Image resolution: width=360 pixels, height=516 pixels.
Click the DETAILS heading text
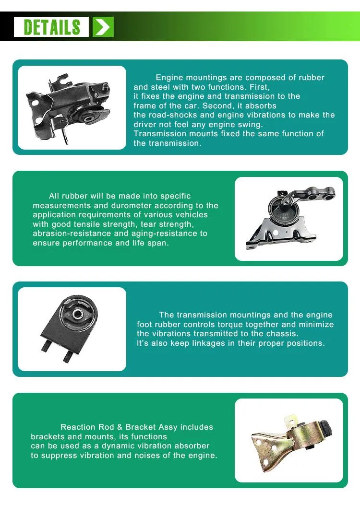pos(52,27)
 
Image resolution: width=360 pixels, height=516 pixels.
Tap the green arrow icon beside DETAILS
pos(103,27)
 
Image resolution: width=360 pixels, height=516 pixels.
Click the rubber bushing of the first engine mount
pos(88,117)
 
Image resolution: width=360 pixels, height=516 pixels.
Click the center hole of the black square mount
pos(77,315)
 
